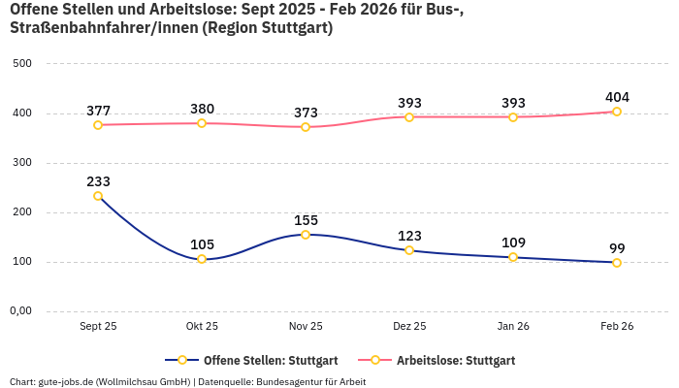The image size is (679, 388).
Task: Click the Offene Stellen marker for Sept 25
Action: (x=98, y=196)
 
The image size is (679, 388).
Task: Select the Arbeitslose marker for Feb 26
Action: (x=617, y=112)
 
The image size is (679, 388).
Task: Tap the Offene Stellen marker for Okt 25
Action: (x=202, y=259)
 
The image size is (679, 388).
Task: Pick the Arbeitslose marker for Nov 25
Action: (x=306, y=127)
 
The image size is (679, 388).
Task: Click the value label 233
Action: (x=98, y=181)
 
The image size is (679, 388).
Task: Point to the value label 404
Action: (x=617, y=97)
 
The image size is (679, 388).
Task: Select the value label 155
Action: (x=306, y=220)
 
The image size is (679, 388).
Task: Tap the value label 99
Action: (x=617, y=248)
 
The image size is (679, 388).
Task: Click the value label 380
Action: (x=202, y=109)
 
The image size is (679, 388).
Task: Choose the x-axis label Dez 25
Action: (x=409, y=327)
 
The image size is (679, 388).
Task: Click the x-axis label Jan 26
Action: (x=513, y=327)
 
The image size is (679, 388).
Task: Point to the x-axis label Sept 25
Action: (x=98, y=327)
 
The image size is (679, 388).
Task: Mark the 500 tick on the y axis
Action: (x=21, y=64)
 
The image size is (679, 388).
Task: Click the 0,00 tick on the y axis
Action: (x=19, y=311)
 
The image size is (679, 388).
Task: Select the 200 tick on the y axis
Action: (x=21, y=212)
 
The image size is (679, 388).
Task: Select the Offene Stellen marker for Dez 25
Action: (x=409, y=250)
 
